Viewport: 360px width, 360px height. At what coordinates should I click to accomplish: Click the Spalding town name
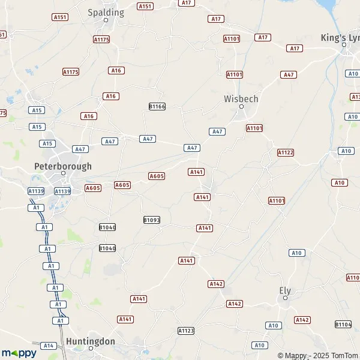tap(106, 12)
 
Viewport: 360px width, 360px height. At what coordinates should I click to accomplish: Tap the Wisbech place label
tap(241, 98)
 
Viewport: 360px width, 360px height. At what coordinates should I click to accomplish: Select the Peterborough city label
tap(63, 166)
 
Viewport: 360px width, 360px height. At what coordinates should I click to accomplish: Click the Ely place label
tap(285, 290)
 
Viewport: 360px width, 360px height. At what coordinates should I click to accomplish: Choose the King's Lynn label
tap(340, 37)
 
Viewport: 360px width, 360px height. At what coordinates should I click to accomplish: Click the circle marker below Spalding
tap(106, 20)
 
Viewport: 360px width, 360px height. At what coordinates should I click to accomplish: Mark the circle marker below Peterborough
tap(64, 174)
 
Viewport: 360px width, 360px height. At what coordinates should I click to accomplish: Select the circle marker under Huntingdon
tap(91, 347)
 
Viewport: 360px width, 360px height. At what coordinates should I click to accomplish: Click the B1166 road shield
tap(157, 106)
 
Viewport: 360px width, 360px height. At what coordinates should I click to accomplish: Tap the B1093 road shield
tap(152, 220)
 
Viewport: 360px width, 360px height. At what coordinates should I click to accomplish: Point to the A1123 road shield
tap(186, 331)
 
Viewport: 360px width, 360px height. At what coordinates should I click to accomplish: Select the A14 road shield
tap(48, 346)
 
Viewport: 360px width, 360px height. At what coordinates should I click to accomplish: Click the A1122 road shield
tap(286, 152)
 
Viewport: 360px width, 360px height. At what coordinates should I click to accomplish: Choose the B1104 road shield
tap(343, 324)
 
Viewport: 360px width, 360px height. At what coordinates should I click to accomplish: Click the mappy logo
tap(19, 353)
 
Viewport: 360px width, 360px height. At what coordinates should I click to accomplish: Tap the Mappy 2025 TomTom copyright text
tap(318, 355)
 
